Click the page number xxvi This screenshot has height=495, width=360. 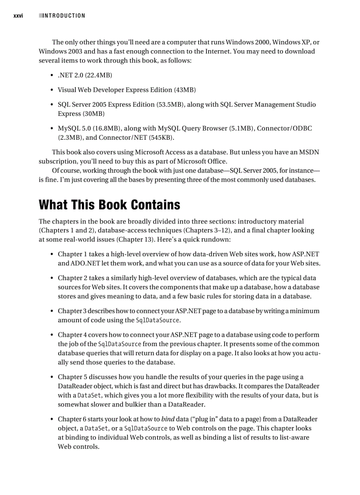click(18, 16)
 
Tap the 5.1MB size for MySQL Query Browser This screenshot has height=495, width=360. click(241, 128)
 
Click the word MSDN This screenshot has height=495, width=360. click(308, 152)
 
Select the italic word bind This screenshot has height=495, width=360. click(169, 419)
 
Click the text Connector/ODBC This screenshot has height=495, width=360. click(285, 128)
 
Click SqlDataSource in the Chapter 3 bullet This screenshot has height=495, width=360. click(157, 320)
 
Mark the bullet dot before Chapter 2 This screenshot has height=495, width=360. click(52, 278)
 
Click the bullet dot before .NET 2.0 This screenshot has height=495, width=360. click(52, 75)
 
